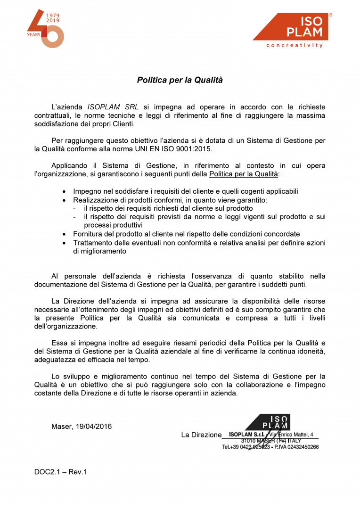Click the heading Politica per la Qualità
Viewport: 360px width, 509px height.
coord(180,80)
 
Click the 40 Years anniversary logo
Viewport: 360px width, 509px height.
coord(46,29)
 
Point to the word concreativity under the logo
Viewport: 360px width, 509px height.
coord(295,46)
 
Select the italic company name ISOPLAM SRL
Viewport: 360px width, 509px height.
coord(113,107)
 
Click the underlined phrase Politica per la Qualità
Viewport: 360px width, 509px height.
coord(244,174)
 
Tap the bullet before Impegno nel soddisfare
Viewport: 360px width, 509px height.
coord(65,191)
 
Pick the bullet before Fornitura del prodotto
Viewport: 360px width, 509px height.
coord(65,234)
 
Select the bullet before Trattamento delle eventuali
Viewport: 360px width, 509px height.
coord(65,243)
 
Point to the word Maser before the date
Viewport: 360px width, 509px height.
coord(61,427)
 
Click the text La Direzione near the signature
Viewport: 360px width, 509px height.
coord(201,435)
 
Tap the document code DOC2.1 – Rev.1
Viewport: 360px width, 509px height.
coord(61,472)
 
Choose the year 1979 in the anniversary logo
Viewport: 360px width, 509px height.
coord(53,16)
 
